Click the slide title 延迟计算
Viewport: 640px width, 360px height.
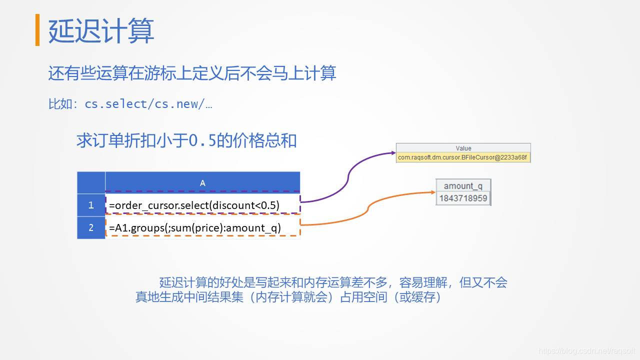click(x=101, y=30)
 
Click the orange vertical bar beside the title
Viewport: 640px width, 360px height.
click(x=37, y=30)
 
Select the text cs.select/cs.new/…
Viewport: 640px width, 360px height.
click(x=148, y=104)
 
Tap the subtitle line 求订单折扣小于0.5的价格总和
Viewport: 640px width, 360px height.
click(x=186, y=140)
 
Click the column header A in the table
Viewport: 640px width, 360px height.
click(x=202, y=183)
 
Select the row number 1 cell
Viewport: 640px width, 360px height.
click(x=91, y=205)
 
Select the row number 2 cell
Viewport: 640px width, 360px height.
click(x=91, y=227)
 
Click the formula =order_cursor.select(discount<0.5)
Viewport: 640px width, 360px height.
click(x=194, y=205)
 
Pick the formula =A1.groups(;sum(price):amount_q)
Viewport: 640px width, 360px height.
click(x=195, y=228)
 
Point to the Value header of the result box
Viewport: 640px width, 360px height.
click(x=463, y=148)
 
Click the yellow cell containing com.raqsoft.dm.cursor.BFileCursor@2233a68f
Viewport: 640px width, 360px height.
click(x=462, y=157)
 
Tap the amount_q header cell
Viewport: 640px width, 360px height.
click(x=463, y=186)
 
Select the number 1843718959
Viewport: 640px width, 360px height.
click(x=463, y=198)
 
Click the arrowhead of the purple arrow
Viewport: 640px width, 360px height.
click(x=393, y=153)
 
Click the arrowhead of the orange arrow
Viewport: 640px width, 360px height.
click(x=433, y=192)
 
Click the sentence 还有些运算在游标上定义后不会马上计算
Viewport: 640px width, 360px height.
click(x=192, y=73)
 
